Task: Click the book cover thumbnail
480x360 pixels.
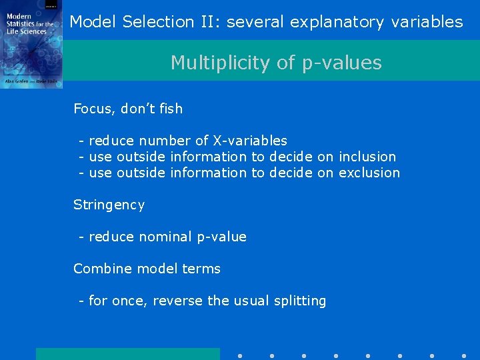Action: tap(31, 44)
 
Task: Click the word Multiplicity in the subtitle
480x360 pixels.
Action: tap(211, 63)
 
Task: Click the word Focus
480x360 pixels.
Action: tap(93, 109)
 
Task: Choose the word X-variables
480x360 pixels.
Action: tap(250, 141)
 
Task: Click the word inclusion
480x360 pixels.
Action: tap(367, 157)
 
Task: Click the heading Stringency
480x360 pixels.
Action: tap(109, 205)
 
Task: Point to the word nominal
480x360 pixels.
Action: tap(165, 237)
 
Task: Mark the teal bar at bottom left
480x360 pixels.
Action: tap(127, 353)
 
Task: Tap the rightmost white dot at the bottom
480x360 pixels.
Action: tap(464, 355)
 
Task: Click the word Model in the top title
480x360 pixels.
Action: tap(93, 22)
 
